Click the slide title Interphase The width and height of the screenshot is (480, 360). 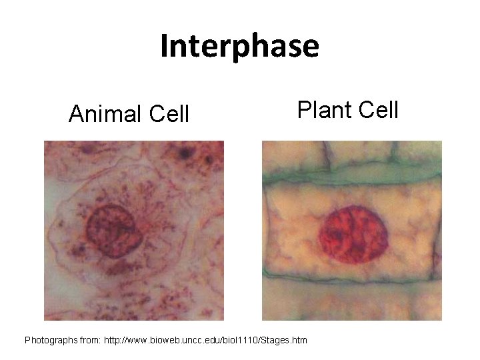point(239,46)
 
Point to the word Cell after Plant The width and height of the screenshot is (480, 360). point(377,108)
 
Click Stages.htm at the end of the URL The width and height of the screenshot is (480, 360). point(286,340)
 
